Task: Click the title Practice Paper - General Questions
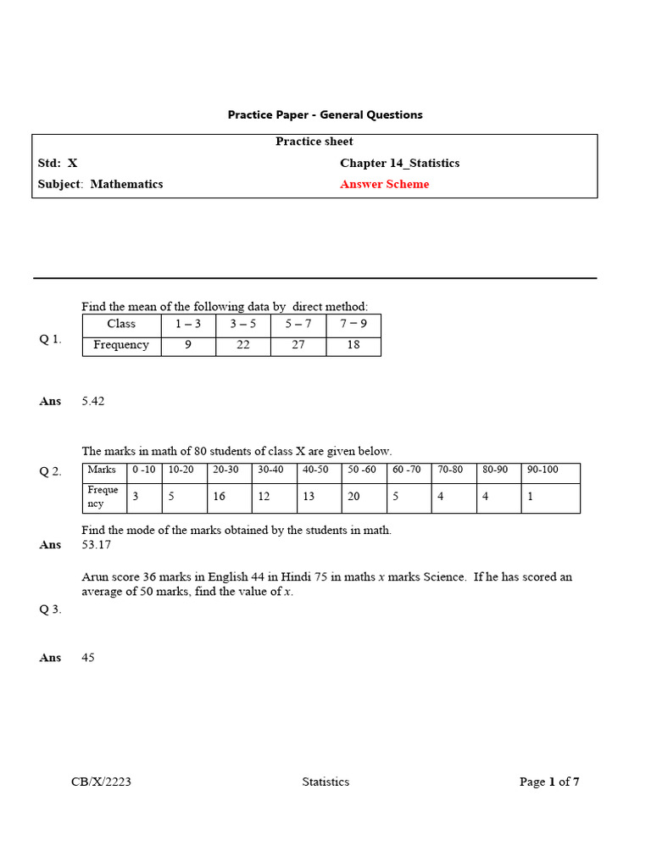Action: [325, 114]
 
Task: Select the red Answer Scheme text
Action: [384, 184]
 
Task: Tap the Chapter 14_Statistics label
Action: [399, 163]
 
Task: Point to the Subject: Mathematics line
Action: [100, 184]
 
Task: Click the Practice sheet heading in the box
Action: [314, 142]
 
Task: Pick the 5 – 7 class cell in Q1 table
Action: [298, 324]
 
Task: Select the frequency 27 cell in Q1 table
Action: [298, 345]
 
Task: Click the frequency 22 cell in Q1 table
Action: [242, 345]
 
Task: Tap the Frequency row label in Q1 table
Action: [121, 345]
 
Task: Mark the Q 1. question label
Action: [50, 339]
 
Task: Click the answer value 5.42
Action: [93, 401]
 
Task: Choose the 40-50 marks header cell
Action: [319, 470]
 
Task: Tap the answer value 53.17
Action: [96, 544]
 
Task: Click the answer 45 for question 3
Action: [89, 657]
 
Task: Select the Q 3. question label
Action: [50, 609]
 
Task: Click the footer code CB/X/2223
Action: [101, 782]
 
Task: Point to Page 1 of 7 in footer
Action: [549, 782]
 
